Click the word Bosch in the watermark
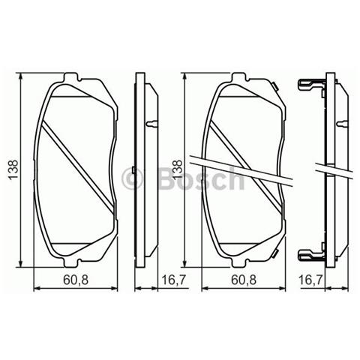tap(199, 178)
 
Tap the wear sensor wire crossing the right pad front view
tap(247, 170)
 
